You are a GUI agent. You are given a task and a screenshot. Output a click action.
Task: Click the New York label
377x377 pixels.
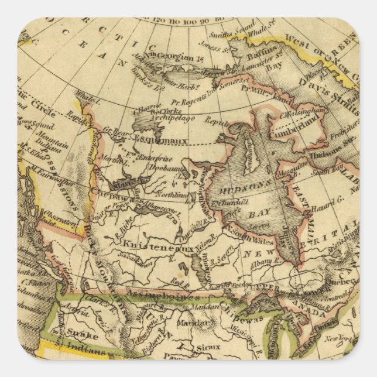pos(345,339)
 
